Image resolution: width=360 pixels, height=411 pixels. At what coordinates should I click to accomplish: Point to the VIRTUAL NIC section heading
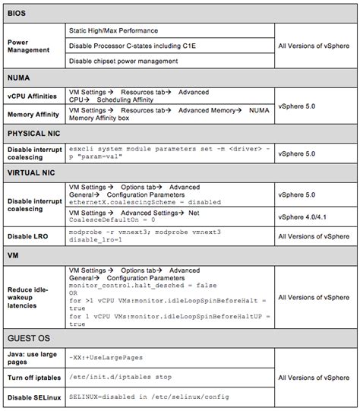[35, 172]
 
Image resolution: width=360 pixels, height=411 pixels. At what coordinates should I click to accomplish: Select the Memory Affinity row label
[33, 115]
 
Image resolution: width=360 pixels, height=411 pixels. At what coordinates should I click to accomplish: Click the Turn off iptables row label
[35, 378]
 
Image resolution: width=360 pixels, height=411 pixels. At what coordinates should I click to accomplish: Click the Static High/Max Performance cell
[114, 30]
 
